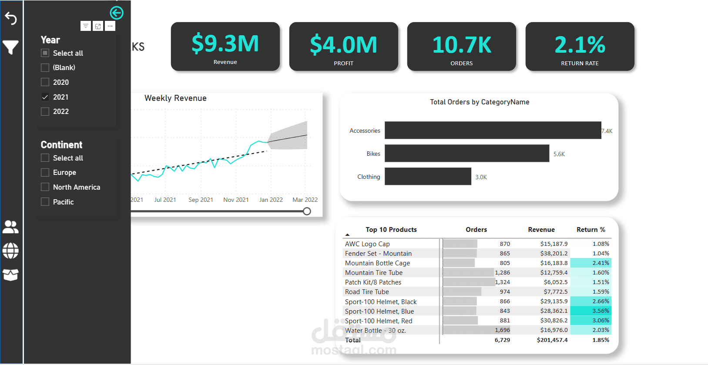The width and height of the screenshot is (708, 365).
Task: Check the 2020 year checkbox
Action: point(45,82)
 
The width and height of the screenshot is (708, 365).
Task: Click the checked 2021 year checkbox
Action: point(45,97)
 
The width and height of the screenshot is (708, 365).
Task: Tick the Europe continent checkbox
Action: point(45,173)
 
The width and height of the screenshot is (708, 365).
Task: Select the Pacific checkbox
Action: point(45,202)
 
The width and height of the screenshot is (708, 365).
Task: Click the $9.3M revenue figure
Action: point(225,44)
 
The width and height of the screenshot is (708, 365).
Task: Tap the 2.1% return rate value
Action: point(580,45)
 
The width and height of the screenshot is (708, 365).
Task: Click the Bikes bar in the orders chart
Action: point(466,154)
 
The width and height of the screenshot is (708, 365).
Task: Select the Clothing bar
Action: point(428,177)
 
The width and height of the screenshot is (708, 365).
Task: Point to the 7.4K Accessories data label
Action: point(607,131)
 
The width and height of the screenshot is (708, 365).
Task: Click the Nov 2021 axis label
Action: point(236,200)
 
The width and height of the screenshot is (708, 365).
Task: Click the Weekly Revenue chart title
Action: point(175,98)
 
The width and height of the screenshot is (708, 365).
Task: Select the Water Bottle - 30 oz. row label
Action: point(375,331)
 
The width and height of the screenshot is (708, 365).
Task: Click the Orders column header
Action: point(476,230)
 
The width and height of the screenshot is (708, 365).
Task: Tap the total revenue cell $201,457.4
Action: point(552,340)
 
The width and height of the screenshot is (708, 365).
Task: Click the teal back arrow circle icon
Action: point(117,13)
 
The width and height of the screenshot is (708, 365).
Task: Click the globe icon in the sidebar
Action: point(10,251)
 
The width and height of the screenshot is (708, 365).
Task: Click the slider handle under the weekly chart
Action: point(307,211)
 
